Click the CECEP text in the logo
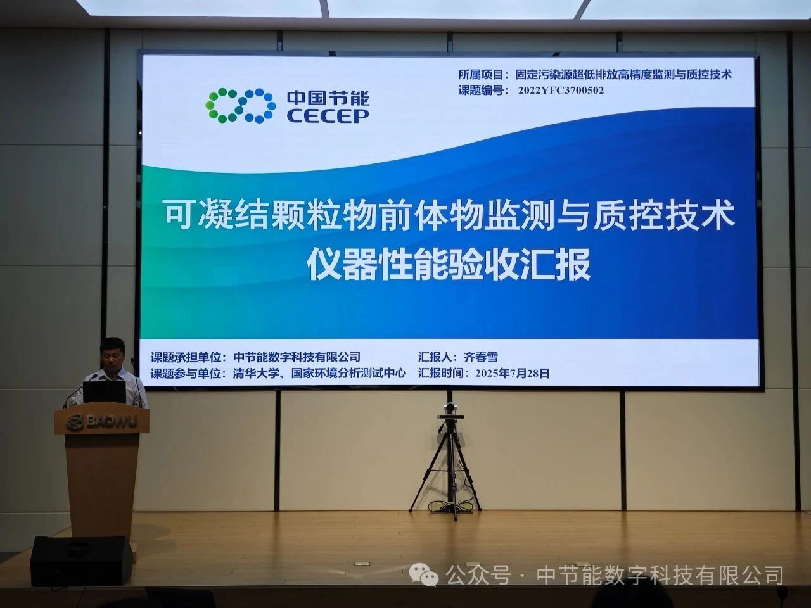(x=328, y=115)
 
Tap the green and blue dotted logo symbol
(x=241, y=105)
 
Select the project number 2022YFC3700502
(x=561, y=91)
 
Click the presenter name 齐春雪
(x=481, y=357)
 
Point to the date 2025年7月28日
(x=512, y=373)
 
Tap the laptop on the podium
(x=105, y=392)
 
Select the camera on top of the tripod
(x=451, y=410)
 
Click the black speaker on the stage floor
(x=81, y=560)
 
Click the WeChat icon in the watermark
(x=424, y=575)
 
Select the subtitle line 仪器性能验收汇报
(x=449, y=265)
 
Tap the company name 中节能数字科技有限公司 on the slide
(x=297, y=357)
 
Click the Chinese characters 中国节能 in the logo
(x=328, y=98)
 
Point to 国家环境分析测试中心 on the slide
(x=348, y=373)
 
